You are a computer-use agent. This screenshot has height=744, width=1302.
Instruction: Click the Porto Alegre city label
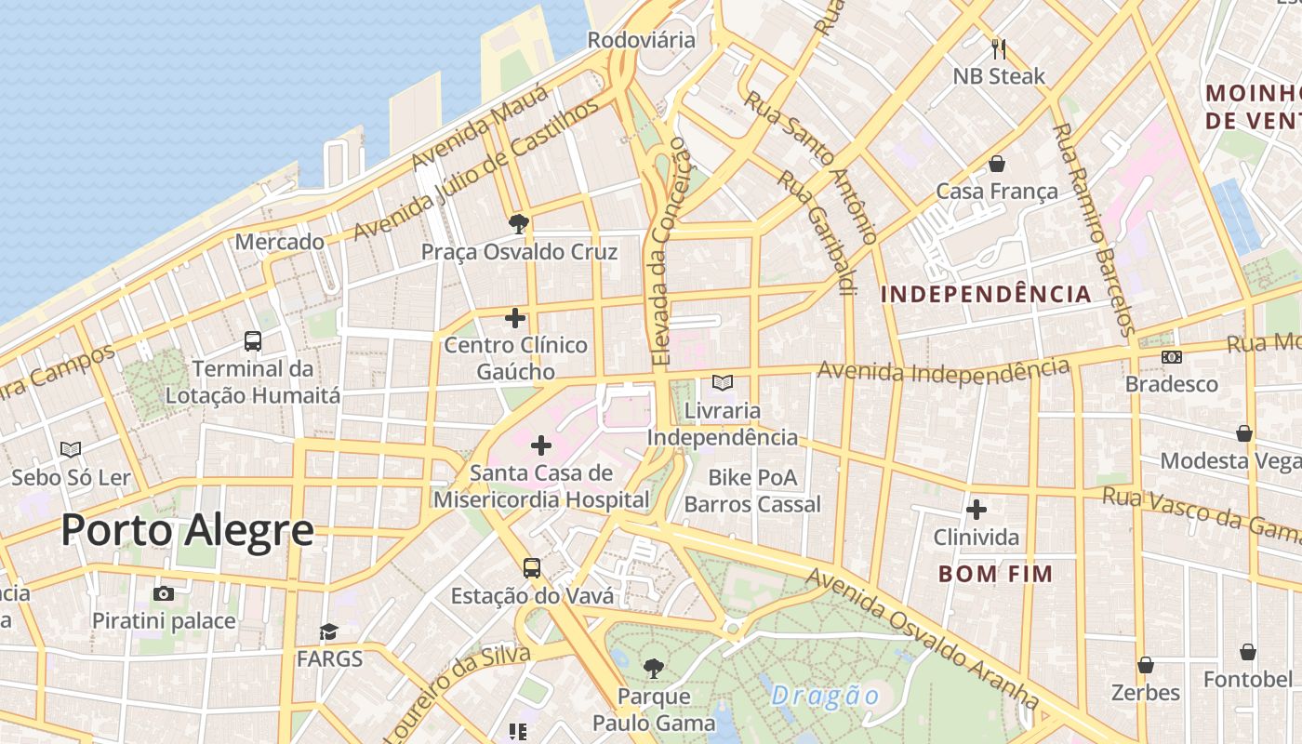point(187,530)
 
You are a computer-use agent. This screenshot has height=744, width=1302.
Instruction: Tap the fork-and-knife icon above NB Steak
point(999,48)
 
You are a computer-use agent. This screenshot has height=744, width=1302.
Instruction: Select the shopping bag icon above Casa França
point(997,165)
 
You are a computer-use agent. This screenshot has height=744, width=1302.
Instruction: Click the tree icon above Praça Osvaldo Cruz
point(519,223)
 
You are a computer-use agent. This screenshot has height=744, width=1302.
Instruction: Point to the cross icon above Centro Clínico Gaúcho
point(515,318)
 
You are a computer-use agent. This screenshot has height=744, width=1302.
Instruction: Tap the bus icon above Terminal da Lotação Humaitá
point(253,341)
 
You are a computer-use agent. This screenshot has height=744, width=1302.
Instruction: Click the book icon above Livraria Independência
point(722,382)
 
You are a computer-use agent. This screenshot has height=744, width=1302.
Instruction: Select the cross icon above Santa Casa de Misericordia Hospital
point(540,445)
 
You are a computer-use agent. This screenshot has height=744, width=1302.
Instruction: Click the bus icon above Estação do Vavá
point(532,567)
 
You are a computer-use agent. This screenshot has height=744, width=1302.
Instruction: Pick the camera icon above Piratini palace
point(164,593)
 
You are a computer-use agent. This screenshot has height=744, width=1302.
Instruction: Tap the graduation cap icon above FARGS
point(329,632)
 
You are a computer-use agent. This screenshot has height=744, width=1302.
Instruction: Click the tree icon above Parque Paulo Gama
point(654,668)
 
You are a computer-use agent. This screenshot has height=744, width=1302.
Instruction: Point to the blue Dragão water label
point(825,696)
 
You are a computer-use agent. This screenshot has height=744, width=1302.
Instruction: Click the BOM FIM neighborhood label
point(995,574)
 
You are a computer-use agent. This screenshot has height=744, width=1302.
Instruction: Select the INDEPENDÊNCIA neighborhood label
point(986,295)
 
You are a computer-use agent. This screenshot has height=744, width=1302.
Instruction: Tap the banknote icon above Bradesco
point(1171,356)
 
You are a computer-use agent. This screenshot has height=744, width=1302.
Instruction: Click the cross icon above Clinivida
point(976,510)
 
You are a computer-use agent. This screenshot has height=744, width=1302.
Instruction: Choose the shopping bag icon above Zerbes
point(1146,665)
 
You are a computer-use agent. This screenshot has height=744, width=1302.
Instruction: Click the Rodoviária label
point(642,40)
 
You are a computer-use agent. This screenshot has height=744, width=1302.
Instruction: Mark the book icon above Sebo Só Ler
point(71,450)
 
